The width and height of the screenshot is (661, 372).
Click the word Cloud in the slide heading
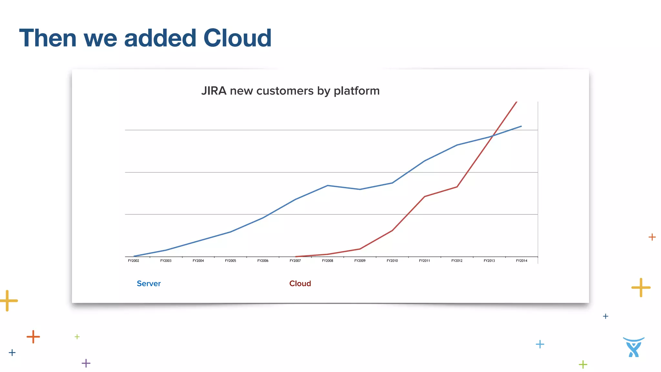click(237, 38)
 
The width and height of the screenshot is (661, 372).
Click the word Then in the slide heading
click(48, 38)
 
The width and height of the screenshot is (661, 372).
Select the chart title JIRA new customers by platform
click(290, 91)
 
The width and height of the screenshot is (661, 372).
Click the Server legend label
click(149, 284)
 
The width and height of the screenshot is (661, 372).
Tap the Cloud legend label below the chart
click(300, 284)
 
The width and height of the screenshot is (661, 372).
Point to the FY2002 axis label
click(134, 261)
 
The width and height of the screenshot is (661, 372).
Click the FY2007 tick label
click(295, 261)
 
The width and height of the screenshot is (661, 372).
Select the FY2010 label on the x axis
click(392, 261)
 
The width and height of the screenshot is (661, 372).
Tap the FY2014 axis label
click(522, 261)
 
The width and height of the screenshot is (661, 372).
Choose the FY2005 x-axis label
click(230, 261)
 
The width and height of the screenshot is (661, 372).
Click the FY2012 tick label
click(457, 261)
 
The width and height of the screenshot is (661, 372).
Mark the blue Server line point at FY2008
click(328, 185)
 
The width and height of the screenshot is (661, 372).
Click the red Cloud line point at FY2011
click(424, 196)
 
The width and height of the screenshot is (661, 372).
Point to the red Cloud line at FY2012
click(457, 187)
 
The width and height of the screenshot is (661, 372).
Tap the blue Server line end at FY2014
click(521, 126)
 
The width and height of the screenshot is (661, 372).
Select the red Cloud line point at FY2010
click(392, 231)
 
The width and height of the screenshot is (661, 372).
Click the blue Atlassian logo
click(634, 347)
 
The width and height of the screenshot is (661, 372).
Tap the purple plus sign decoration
click(86, 363)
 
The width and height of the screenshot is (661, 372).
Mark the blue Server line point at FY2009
click(360, 189)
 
